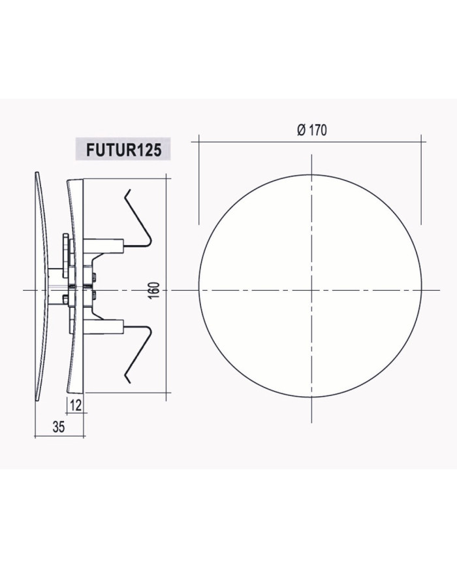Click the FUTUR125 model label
pos(123,149)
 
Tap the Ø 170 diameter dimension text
pos(312,130)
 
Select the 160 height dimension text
pos(155,290)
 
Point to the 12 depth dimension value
pos(76,406)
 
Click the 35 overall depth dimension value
pos(59,427)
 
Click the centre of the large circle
pos(311,290)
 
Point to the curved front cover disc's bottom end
pos(37,400)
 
